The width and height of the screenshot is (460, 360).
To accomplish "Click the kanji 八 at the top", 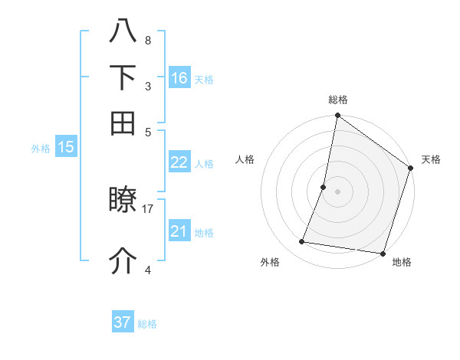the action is coord(123,33).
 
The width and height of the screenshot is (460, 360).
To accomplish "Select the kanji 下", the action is coord(123,77).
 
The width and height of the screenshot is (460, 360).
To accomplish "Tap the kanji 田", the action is coord(123,123).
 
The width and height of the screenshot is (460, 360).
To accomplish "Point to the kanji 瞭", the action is coord(123,201).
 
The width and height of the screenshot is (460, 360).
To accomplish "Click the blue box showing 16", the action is coord(179,78).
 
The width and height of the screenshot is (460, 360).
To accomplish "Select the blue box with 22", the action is coord(179,162).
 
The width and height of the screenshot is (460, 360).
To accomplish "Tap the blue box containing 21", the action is coord(179,231).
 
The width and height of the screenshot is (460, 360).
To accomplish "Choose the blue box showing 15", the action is coord(66,148).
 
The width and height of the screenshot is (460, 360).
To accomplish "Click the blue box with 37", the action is coord(123,322).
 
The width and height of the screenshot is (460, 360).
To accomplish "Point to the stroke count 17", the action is coord(148,208).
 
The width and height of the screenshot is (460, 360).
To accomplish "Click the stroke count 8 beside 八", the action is coord(148,40).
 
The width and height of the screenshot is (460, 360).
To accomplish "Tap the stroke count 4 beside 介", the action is coord(148,269).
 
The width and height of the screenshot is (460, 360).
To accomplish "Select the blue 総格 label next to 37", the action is coord(147,324).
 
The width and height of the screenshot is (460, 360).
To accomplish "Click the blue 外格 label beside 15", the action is coord(41,149).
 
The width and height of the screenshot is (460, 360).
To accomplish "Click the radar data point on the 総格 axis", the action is coord(337,116).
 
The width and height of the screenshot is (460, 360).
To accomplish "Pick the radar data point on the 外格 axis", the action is coord(302,242).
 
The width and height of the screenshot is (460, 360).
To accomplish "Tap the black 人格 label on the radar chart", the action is coord(245,159).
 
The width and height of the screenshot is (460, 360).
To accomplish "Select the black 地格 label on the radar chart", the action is coord(402,262).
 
